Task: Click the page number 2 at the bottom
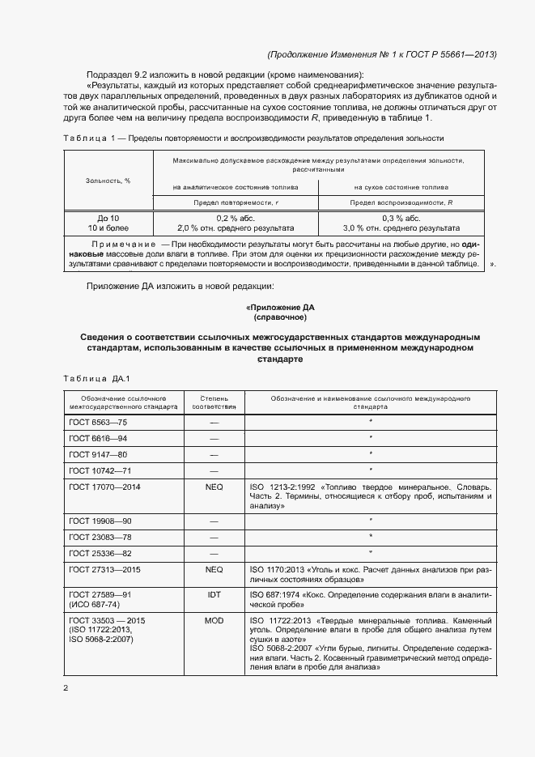(66, 688)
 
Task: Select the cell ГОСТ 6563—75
(98, 422)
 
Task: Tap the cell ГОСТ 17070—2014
(104, 487)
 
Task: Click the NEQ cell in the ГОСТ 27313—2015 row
(214, 569)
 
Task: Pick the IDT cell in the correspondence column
(214, 594)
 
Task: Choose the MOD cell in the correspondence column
(214, 619)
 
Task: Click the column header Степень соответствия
(214, 403)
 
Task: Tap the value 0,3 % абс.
(401, 219)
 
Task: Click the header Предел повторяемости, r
(235, 202)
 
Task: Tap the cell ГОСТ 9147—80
(98, 454)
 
